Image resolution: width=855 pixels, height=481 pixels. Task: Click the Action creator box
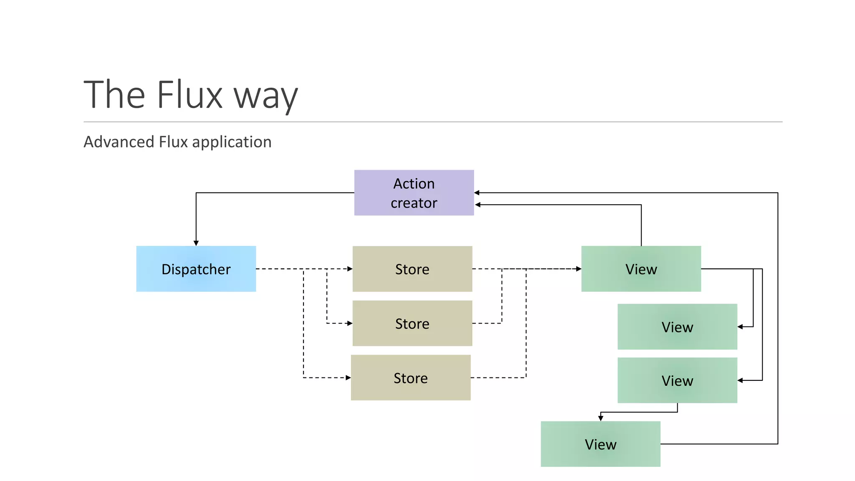414,192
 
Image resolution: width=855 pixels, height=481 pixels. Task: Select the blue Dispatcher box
196,269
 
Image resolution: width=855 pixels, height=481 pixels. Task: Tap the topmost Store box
412,269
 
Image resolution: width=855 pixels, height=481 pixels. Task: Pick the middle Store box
412,323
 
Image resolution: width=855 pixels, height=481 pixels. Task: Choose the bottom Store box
410,377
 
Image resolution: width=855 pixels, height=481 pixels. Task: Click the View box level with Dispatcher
641,269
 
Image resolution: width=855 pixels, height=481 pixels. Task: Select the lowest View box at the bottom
600,444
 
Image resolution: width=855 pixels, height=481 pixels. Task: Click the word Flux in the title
190,95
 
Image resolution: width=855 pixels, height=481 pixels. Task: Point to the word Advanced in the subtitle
119,142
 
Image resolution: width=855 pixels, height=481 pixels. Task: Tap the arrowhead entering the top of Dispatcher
196,243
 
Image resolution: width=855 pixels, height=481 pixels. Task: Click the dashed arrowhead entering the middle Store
350,323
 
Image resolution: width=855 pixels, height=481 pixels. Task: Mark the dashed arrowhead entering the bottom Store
348,377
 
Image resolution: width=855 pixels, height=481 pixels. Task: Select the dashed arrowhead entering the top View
579,269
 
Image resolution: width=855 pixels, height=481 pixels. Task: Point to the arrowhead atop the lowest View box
600,418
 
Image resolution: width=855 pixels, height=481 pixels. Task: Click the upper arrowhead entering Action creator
477,192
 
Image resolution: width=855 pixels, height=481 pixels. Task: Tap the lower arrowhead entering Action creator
478,205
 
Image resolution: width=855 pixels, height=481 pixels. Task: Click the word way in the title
266,97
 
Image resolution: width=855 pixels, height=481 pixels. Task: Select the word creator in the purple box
414,203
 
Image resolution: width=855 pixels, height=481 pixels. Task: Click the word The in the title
114,95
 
